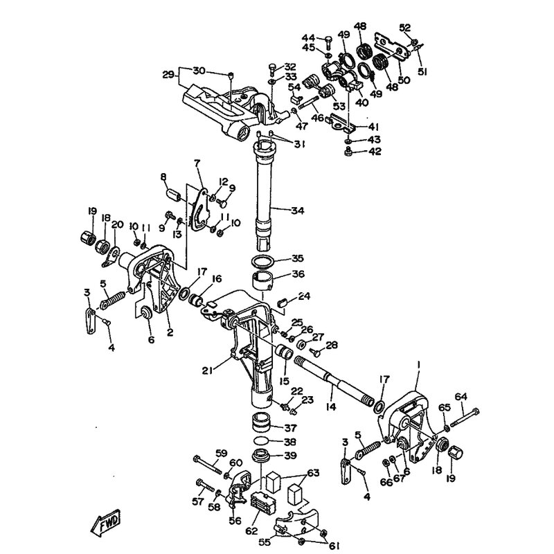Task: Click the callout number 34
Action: pyautogui.click(x=298, y=211)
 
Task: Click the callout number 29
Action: pyautogui.click(x=169, y=75)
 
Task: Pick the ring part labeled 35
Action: pyautogui.click(x=263, y=262)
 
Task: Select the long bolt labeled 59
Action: pyautogui.click(x=207, y=464)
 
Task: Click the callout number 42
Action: pyautogui.click(x=375, y=152)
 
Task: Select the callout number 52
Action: pyautogui.click(x=405, y=28)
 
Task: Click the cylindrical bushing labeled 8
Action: pyautogui.click(x=174, y=195)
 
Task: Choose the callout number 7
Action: pyautogui.click(x=197, y=163)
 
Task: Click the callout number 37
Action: pyautogui.click(x=290, y=428)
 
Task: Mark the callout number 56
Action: pyautogui.click(x=235, y=521)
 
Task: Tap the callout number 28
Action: pyautogui.click(x=331, y=344)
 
